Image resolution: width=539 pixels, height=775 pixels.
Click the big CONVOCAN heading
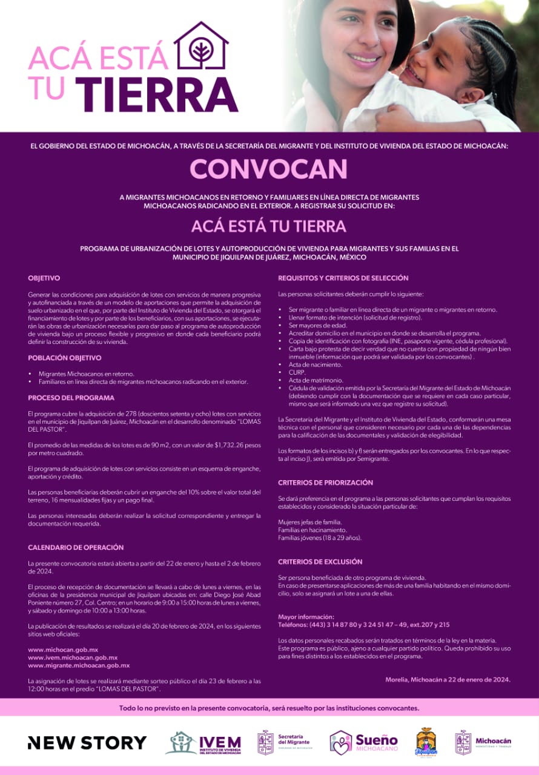[x=269, y=170]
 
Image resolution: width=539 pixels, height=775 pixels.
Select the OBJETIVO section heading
[x=44, y=278]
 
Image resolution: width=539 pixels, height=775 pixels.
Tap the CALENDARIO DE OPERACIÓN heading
[x=76, y=547]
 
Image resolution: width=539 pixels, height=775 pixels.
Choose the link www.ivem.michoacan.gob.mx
[x=73, y=658]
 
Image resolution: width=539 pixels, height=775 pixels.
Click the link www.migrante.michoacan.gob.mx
[x=79, y=665]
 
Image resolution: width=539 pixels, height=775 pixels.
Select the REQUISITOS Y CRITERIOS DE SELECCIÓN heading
[x=343, y=278]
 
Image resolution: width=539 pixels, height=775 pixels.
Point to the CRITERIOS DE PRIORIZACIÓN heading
[x=325, y=483]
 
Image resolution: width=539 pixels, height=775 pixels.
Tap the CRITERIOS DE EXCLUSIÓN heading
[x=320, y=562]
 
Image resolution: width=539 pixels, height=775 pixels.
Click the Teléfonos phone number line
[x=363, y=624]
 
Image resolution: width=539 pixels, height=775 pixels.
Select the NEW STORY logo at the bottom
[x=87, y=742]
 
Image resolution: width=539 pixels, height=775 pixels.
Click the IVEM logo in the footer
[x=203, y=743]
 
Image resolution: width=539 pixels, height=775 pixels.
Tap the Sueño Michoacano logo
[x=363, y=742]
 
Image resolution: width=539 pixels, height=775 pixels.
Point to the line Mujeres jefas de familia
[x=310, y=522]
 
